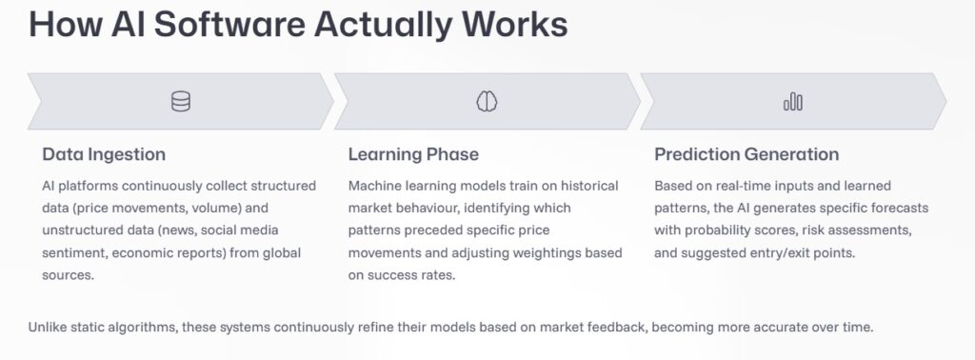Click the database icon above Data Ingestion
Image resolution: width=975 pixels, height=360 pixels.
181,101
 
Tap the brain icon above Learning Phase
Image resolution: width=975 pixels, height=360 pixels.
487,101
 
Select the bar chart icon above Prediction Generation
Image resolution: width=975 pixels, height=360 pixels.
793,102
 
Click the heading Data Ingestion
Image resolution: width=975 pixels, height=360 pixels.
104,154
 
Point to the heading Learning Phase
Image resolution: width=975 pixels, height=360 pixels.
413,154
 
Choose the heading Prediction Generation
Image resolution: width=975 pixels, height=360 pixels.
746,154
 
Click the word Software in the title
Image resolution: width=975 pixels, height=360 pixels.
229,24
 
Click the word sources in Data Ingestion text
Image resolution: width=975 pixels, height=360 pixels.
68,275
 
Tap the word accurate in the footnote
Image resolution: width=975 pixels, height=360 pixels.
779,327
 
